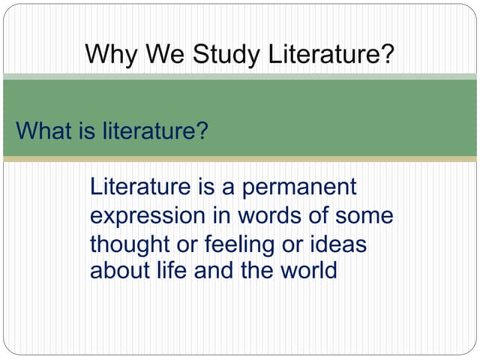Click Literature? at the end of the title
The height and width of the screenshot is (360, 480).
(330, 54)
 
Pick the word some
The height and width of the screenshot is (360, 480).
(364, 216)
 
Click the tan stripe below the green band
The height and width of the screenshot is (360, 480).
(240, 159)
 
